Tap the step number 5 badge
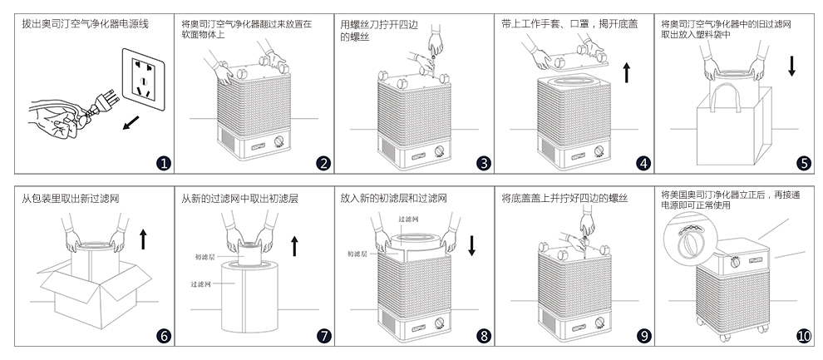click(803, 163)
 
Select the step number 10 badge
click(803, 336)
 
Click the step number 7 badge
click(324, 336)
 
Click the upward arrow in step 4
click(626, 72)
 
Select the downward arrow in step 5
click(791, 67)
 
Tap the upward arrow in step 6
click(143, 239)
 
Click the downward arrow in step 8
click(472, 245)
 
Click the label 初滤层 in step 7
click(205, 258)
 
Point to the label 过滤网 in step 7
click(201, 284)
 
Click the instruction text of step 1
click(85, 24)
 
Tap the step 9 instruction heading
click(564, 199)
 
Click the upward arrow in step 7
click(293, 245)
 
